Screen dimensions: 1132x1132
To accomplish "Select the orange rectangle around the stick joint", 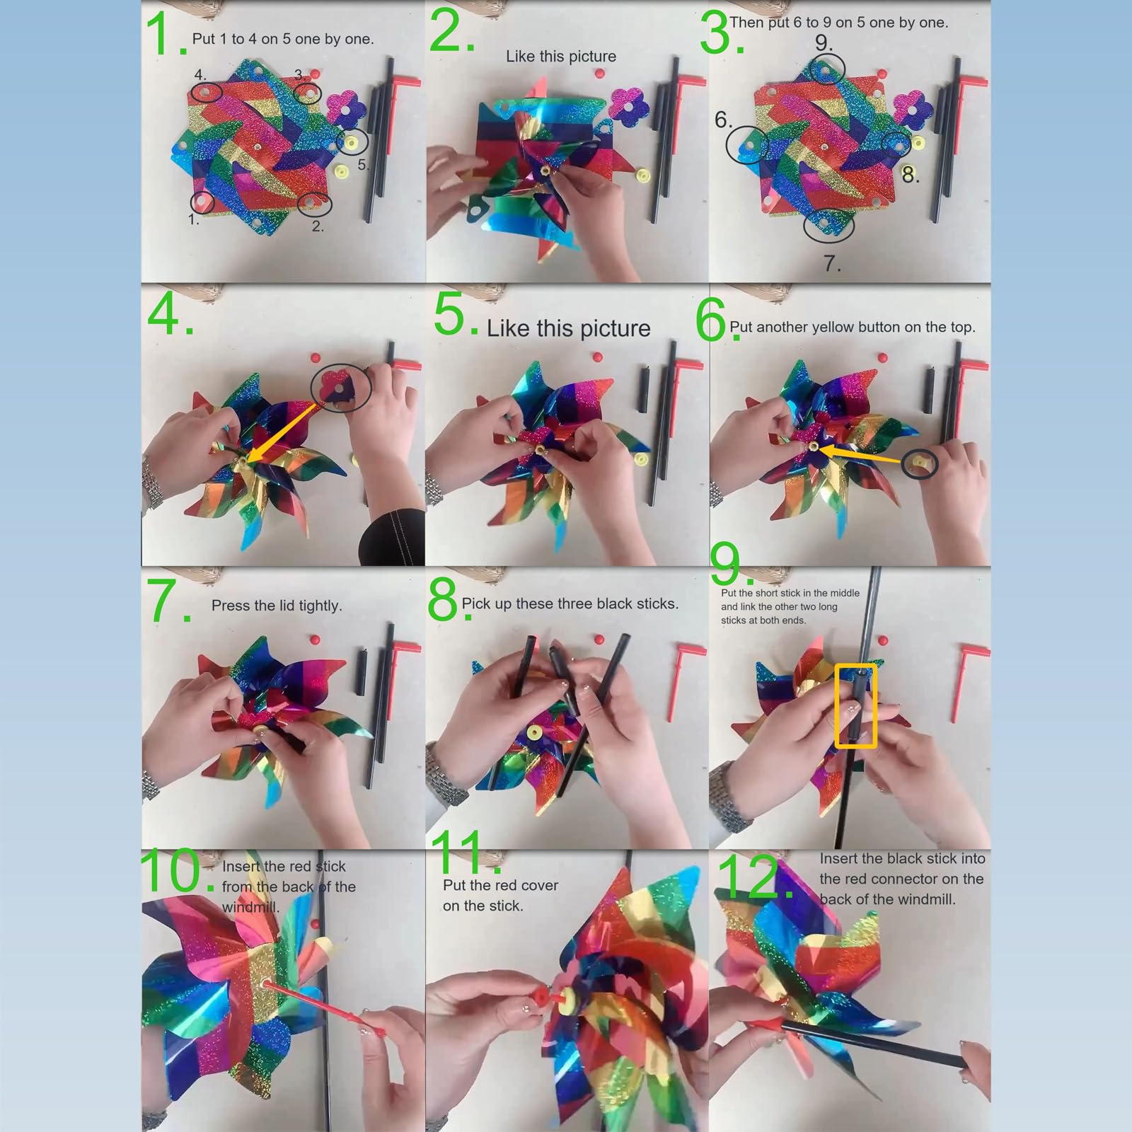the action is tap(856, 705).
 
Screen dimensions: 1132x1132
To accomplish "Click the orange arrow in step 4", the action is tap(287, 431).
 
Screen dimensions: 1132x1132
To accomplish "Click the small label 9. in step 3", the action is tap(824, 42).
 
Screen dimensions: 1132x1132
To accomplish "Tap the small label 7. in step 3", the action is tap(833, 264).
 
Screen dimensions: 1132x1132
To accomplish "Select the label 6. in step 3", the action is tap(723, 120).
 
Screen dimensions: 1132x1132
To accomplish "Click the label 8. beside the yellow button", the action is tap(911, 174).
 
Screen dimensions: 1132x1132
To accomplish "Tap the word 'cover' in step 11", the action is tap(539, 885).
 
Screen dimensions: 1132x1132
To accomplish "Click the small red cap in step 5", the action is tap(597, 358).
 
